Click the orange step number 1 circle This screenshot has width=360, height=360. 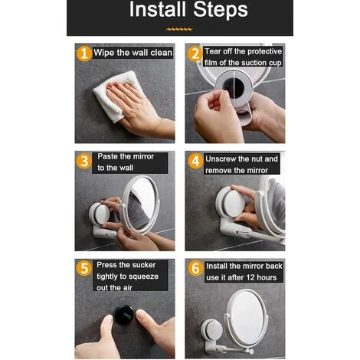coord(84,54)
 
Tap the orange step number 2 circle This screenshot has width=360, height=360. coord(195,54)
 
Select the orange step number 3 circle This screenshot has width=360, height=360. coord(84,161)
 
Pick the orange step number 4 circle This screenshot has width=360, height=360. coord(195,161)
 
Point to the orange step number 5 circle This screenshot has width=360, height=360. coord(84,268)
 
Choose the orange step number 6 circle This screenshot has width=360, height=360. coord(195,268)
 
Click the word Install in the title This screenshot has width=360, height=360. coord(158,9)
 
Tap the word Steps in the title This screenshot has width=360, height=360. coord(221,10)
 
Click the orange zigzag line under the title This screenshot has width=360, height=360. coord(179,29)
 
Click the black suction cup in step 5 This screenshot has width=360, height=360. coord(124,315)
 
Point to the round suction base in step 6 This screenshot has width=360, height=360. coord(211,331)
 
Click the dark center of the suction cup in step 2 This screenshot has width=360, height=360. coord(234,88)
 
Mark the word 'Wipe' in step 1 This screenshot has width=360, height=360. coord(104,53)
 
